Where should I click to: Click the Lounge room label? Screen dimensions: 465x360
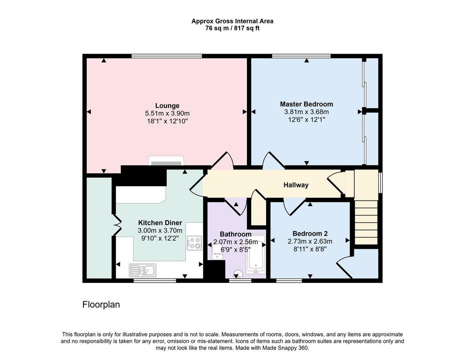coord(167,106)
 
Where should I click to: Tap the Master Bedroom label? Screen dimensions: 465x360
coord(307,104)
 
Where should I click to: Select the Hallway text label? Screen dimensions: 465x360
coord(296,185)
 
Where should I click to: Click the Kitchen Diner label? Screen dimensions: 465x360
coord(160,223)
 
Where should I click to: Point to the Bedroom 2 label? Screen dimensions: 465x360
coord(310,233)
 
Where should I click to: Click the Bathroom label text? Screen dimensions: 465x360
coord(236,234)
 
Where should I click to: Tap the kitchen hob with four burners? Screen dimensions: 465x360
coord(194,243)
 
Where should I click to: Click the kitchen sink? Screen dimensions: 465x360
coord(143,270)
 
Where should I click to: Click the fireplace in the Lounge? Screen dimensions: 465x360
coord(166,161)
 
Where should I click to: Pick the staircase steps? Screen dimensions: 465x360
coord(366,222)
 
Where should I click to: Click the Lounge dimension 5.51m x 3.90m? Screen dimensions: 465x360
coord(167,113)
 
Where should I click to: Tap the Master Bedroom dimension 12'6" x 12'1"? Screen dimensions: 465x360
coord(307,120)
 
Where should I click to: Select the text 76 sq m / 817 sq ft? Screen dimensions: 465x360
coord(232,29)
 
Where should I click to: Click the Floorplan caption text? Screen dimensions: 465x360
coord(101,305)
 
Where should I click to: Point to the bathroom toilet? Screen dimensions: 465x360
coord(238,274)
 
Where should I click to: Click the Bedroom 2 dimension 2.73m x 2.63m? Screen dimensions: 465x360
coord(310,242)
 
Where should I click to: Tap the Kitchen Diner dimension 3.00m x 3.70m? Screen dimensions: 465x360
coord(160,231)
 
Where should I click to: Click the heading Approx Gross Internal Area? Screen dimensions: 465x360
coord(232,21)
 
